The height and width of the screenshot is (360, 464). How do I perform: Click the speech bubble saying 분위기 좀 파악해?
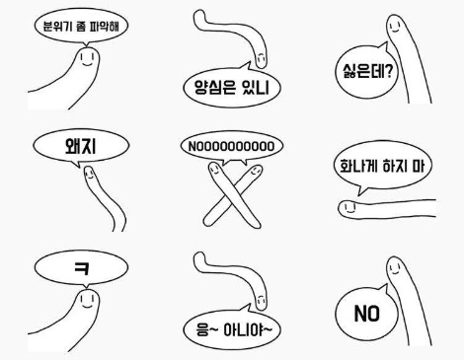click(x=81, y=27)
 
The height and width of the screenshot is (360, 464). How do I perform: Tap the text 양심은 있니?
click(x=232, y=87)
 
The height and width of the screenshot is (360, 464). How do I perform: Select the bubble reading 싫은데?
click(x=366, y=71)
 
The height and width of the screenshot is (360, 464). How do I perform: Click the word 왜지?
click(x=81, y=146)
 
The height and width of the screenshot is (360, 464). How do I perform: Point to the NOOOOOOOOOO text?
click(x=231, y=147)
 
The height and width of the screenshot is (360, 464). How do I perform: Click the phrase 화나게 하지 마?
click(x=382, y=166)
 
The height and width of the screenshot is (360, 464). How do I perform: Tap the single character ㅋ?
click(x=81, y=267)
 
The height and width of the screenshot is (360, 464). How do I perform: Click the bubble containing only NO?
click(x=366, y=313)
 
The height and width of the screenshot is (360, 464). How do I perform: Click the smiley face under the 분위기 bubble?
click(x=87, y=59)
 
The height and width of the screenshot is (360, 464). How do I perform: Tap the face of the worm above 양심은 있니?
click(x=261, y=58)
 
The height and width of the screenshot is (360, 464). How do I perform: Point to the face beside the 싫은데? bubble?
click(x=394, y=27)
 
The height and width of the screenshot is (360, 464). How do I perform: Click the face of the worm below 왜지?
click(x=89, y=173)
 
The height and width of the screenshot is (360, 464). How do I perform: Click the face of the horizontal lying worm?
click(x=348, y=207)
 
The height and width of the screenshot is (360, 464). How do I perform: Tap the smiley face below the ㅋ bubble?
click(x=87, y=301)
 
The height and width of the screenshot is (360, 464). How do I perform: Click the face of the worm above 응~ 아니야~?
click(x=261, y=301)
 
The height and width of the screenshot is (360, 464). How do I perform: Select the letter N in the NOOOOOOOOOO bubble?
click(x=192, y=147)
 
